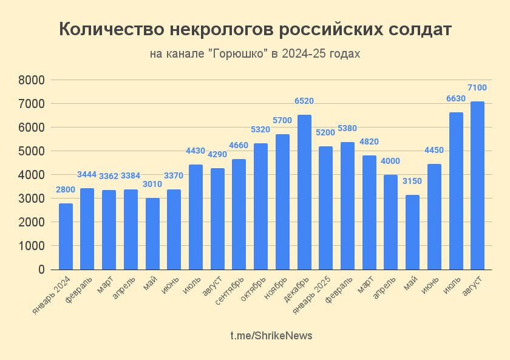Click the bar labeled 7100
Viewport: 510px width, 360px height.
pyautogui.click(x=477, y=185)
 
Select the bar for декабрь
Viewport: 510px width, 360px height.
pyautogui.click(x=304, y=192)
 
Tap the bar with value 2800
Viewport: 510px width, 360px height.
pyautogui.click(x=66, y=236)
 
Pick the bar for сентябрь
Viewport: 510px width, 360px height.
pyautogui.click(x=239, y=214)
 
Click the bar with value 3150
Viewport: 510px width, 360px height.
pyautogui.click(x=412, y=232)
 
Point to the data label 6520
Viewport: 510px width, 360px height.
pyautogui.click(x=304, y=101)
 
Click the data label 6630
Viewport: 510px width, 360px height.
pyautogui.click(x=455, y=98)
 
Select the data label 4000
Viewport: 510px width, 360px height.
pyautogui.click(x=390, y=161)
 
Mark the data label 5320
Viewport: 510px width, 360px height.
pyautogui.click(x=260, y=129)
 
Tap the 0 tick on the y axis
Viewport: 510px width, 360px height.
pyautogui.click(x=41, y=270)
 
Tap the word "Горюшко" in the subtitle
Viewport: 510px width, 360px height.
pyautogui.click(x=238, y=54)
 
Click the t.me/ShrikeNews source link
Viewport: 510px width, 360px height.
pyautogui.click(x=271, y=336)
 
